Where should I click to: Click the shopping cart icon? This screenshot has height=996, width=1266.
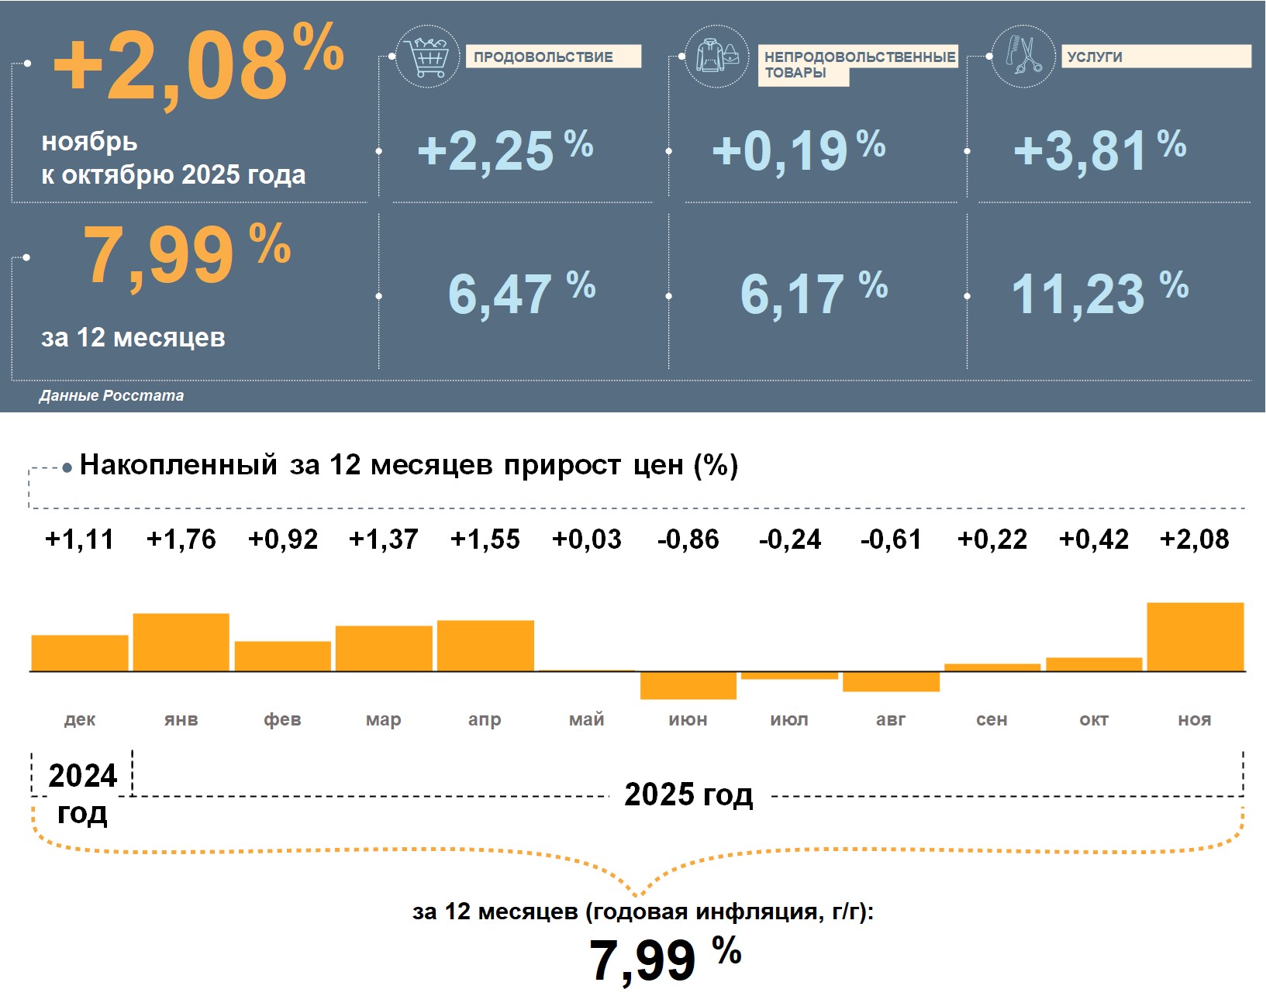pyautogui.click(x=426, y=57)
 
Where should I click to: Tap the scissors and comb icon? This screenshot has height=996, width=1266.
pyautogui.click(x=1023, y=57)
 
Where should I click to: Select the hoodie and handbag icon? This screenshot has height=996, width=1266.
pyautogui.click(x=717, y=57)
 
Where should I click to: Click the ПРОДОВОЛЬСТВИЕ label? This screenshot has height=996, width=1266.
pyautogui.click(x=553, y=57)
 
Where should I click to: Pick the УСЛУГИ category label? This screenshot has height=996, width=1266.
pyautogui.click(x=1155, y=57)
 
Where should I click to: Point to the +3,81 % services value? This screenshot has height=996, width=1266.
pyautogui.click(x=1099, y=150)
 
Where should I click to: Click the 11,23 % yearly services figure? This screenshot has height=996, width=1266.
pyautogui.click(x=1099, y=293)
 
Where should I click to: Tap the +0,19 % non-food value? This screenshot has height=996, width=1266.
pyautogui.click(x=799, y=150)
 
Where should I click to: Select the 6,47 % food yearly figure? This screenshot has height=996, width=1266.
pyautogui.click(x=521, y=293)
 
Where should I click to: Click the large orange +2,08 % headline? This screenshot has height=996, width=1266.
pyautogui.click(x=198, y=66)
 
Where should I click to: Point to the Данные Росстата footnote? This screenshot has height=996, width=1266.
pyautogui.click(x=112, y=395)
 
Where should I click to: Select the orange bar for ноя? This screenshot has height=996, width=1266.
pyautogui.click(x=1195, y=636)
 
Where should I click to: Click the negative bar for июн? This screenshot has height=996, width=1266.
pyautogui.click(x=688, y=685)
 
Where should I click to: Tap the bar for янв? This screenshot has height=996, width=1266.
pyautogui.click(x=181, y=642)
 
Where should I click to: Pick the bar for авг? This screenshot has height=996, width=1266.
pyautogui.click(x=891, y=681)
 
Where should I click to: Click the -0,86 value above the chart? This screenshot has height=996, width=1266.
pyautogui.click(x=688, y=539)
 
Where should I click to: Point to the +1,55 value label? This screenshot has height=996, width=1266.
pyautogui.click(x=485, y=539)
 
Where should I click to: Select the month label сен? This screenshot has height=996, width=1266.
pyautogui.click(x=992, y=719)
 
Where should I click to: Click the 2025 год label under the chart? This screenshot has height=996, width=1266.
pyautogui.click(x=688, y=794)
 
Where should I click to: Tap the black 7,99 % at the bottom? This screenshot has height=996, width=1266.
pyautogui.click(x=665, y=959)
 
